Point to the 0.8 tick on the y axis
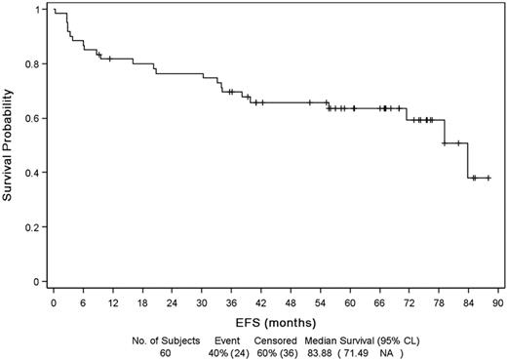pos(36,64)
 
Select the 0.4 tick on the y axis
pos(36,174)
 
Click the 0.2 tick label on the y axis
pos(36,228)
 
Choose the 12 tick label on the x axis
pos(113,301)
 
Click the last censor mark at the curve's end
pos(487,178)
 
